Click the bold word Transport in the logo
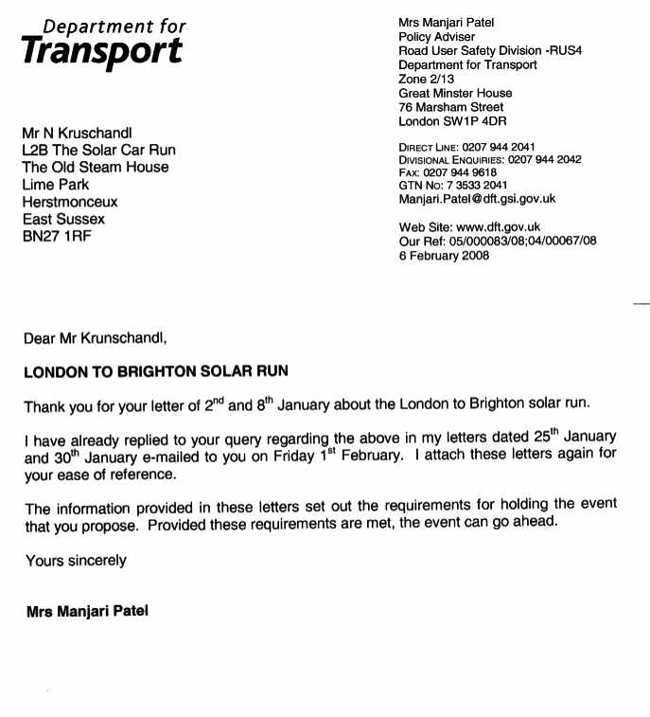tap(102, 51)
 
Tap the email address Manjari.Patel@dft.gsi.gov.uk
tap(477, 199)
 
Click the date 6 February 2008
tap(444, 255)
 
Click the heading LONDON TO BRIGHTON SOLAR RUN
tap(156, 372)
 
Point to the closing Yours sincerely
tap(76, 560)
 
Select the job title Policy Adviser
tap(437, 37)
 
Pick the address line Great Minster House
tap(455, 93)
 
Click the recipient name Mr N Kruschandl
tap(82, 133)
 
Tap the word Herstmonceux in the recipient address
tap(70, 202)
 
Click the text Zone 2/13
tap(427, 80)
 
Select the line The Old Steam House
tap(96, 167)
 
